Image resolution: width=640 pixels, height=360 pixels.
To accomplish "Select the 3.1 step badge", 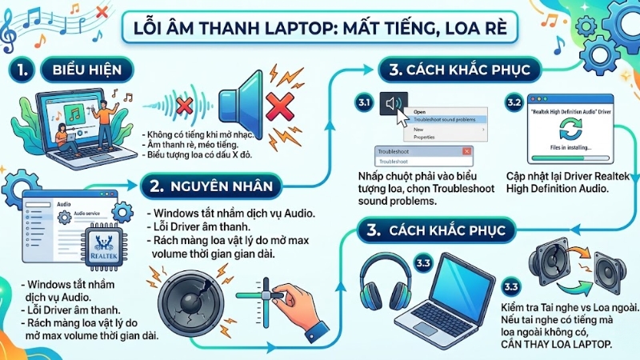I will (364, 103).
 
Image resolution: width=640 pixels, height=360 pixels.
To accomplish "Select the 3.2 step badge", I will (514, 103).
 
